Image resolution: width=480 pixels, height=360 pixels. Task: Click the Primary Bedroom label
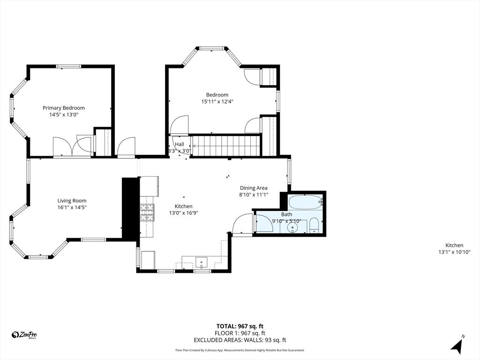tap(64, 108)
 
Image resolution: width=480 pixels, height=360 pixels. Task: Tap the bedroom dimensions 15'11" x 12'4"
tap(217, 101)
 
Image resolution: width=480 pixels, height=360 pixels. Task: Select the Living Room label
tap(72, 201)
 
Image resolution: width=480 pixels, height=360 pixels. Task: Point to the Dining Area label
tap(254, 188)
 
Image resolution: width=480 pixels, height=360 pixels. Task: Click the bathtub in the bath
tap(305, 202)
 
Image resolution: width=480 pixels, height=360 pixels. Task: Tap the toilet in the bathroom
tap(314, 225)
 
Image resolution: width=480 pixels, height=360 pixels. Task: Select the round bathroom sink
tap(293, 228)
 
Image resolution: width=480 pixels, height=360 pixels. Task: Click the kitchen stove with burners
tap(147, 212)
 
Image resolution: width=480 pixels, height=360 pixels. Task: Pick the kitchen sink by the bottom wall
tap(202, 262)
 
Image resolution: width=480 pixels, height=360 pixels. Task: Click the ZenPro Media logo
tap(24, 335)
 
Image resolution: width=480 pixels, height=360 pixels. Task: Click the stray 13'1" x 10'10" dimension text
tap(454, 252)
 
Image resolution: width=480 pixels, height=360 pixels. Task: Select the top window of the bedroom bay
tap(211, 48)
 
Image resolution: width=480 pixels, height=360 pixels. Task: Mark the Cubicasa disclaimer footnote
tap(240, 350)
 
